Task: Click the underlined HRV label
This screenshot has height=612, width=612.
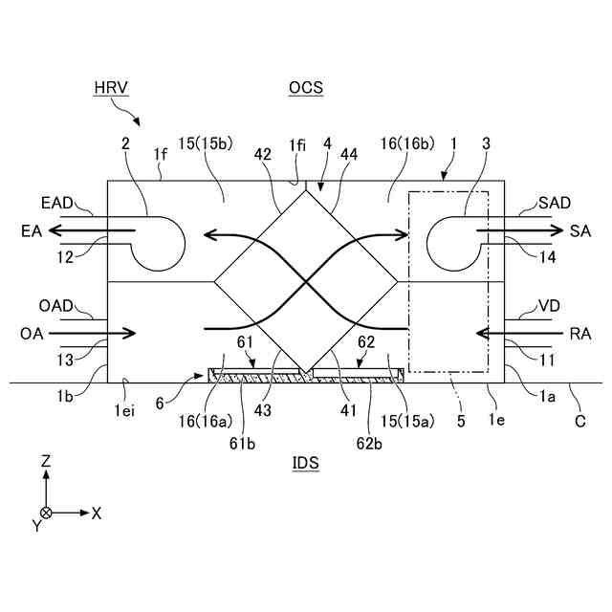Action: [111, 88]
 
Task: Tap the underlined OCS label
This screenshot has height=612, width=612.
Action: [306, 88]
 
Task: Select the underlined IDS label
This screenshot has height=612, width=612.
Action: [306, 464]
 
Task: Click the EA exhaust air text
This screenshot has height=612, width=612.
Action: [30, 230]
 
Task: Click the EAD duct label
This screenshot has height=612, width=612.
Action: [57, 204]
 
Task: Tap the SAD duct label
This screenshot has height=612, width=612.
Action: [555, 204]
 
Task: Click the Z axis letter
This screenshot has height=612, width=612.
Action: [45, 462]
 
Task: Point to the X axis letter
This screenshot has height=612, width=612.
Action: [96, 513]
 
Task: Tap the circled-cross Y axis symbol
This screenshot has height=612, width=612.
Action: [45, 513]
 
